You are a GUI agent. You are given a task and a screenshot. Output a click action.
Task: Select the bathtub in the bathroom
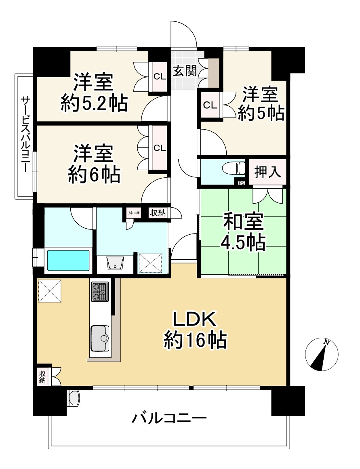(68, 261)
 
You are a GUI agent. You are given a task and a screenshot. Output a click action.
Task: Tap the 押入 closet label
(267, 172)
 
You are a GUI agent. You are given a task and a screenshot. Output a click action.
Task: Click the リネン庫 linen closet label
(133, 212)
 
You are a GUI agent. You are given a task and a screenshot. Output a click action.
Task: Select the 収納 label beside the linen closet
(157, 213)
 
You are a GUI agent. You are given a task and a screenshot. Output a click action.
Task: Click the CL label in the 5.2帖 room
(159, 76)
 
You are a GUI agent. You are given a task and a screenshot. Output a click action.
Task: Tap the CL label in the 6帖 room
(160, 148)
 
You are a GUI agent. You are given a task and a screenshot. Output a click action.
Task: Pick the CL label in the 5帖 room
(209, 105)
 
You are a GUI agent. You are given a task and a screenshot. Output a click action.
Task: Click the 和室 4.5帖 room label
(243, 232)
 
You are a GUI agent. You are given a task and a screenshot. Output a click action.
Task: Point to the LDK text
(196, 320)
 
